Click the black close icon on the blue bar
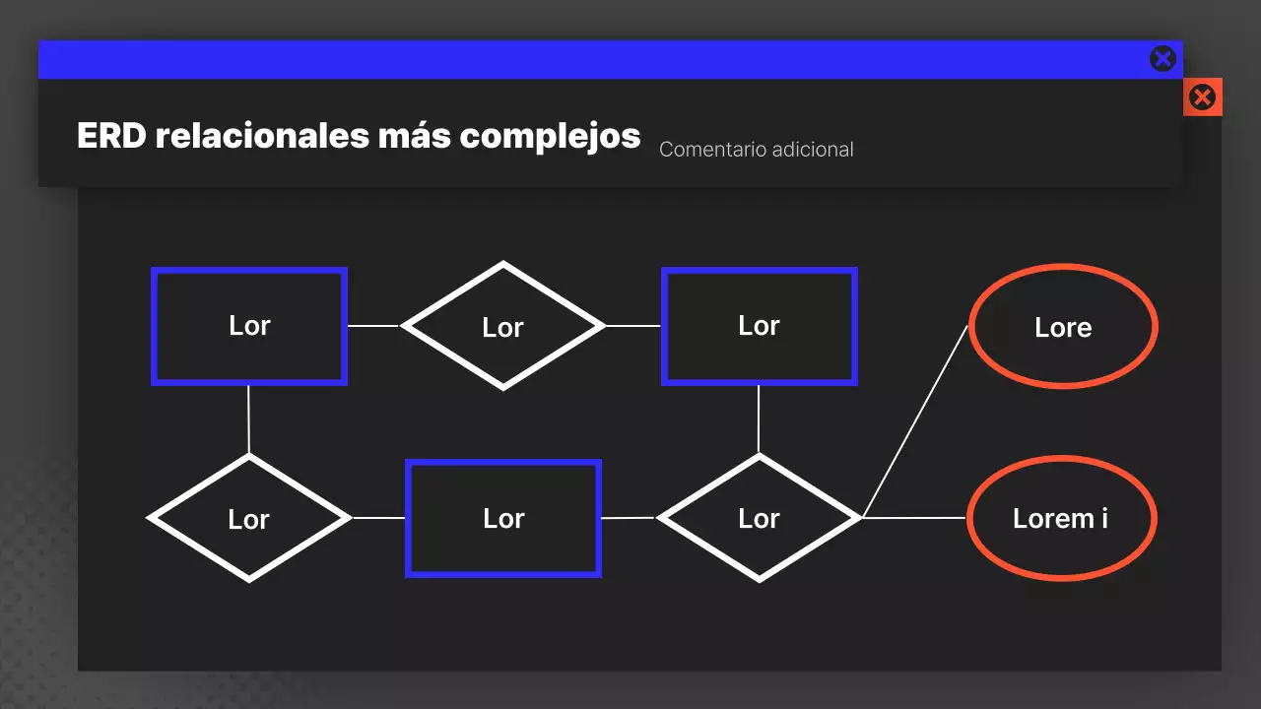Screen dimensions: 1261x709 tap(1162, 59)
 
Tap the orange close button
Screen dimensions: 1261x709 tap(1202, 97)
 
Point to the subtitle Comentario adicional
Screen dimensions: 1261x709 tap(756, 150)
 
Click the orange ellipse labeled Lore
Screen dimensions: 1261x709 tap(1063, 327)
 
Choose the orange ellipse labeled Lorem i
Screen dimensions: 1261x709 tap(1061, 518)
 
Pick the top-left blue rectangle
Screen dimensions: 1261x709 tap(249, 326)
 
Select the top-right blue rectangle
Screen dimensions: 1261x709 tap(759, 326)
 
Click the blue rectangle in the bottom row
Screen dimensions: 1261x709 tap(503, 518)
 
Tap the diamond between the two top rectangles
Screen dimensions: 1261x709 tap(503, 326)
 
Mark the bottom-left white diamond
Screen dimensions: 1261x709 tap(249, 518)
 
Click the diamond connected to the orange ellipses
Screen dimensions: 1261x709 tap(759, 518)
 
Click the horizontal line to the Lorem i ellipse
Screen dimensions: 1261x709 tap(914, 517)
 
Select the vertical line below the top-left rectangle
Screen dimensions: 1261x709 tap(248, 419)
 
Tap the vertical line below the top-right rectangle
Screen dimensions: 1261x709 tap(758, 419)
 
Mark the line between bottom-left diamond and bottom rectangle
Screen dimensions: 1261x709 tap(378, 517)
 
